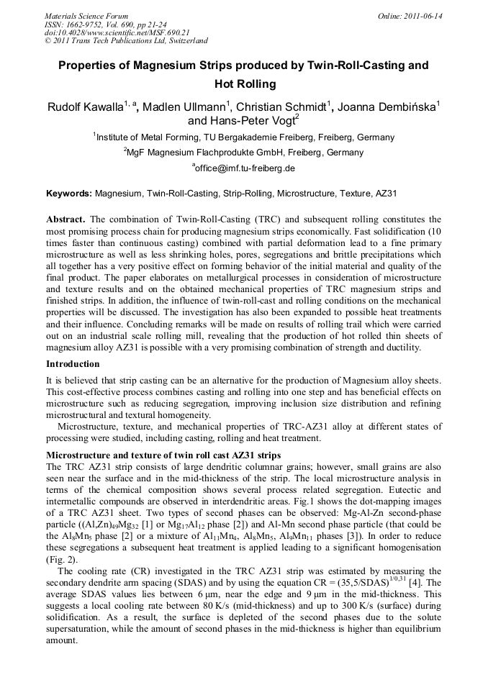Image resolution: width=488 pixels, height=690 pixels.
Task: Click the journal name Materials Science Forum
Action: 86,15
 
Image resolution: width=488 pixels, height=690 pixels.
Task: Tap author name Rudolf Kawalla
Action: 85,108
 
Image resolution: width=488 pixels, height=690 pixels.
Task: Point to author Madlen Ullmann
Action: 183,108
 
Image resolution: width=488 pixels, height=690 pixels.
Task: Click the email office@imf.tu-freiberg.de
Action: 244,168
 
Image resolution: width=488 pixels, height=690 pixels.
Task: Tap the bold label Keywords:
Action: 69,194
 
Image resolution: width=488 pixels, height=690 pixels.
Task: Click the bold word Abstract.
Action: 66,219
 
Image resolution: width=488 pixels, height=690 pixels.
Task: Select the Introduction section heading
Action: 73,364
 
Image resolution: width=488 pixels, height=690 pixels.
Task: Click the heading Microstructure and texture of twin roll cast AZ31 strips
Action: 163,455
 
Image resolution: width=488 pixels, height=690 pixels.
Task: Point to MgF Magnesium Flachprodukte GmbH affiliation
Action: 244,153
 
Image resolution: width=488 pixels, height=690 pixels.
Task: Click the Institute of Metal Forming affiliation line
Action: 244,137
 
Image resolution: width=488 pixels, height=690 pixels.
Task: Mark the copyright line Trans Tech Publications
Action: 126,41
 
